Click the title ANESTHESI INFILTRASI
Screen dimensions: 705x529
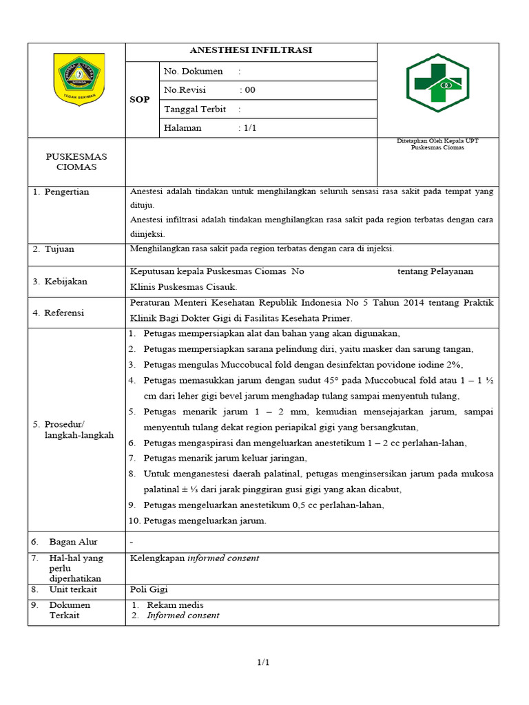(x=251, y=51)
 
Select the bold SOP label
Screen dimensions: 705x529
(x=140, y=100)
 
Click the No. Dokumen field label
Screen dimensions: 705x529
(x=194, y=71)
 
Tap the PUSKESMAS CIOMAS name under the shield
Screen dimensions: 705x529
(x=76, y=162)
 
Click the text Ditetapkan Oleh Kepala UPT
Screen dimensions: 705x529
(x=437, y=141)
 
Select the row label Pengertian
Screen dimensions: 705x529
(x=66, y=192)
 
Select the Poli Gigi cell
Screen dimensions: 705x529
(x=149, y=589)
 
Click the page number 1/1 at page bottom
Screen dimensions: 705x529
(x=263, y=662)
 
